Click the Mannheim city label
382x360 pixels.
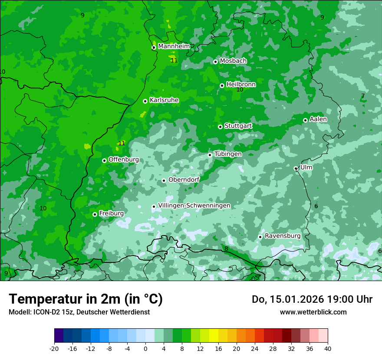(174, 46)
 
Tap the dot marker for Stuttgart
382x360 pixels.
(220, 127)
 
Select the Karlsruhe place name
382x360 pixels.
(164, 100)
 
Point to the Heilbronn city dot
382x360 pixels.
(222, 85)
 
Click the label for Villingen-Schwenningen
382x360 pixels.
(194, 206)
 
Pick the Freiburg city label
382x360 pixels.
(111, 213)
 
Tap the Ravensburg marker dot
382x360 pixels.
(260, 237)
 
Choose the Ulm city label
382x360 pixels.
(306, 167)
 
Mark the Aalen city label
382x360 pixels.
(318, 119)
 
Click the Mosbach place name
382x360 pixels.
(233, 61)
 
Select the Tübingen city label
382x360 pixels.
(228, 154)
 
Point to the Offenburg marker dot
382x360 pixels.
(104, 160)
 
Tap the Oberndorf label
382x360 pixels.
(184, 180)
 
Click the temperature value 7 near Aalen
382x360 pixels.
(363, 96)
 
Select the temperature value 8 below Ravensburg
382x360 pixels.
(226, 249)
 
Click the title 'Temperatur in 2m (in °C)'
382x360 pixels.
(86, 299)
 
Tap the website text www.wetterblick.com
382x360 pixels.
(313, 312)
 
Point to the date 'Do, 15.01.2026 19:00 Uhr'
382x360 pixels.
(312, 299)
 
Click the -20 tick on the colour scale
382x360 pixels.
(54, 348)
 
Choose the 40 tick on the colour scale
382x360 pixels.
(327, 348)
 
